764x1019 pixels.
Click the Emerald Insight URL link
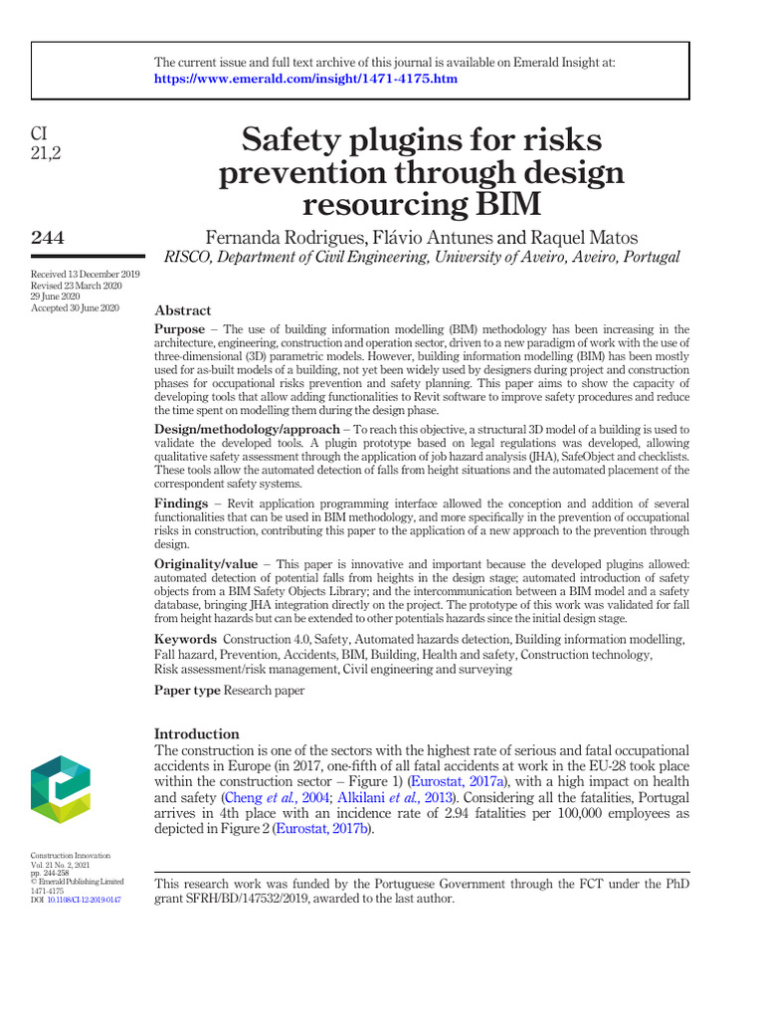(306, 79)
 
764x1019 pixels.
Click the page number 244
(48, 237)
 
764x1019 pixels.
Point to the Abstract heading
(182, 310)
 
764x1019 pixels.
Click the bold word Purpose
(180, 328)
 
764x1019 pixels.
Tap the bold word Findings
(181, 504)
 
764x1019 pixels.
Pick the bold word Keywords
(185, 639)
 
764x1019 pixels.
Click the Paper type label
(187, 690)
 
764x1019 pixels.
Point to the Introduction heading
(196, 733)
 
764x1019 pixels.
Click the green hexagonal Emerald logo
(61, 789)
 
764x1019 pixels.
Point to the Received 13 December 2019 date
(85, 274)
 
